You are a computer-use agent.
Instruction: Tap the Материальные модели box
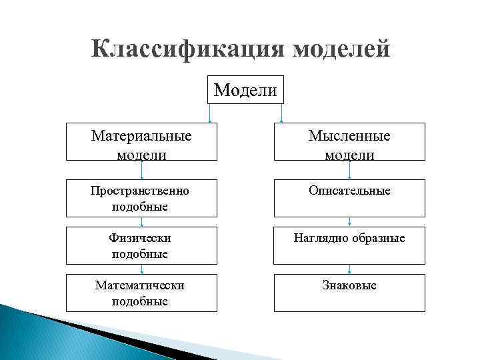[141, 142]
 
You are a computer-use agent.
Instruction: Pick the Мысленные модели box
[349, 142]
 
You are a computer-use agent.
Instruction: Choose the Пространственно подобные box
[141, 198]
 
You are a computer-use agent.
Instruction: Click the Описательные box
[349, 198]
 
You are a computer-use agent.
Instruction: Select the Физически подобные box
[141, 245]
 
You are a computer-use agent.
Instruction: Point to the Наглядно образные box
[349, 245]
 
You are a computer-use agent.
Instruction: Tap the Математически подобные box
[141, 293]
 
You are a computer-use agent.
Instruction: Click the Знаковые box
[349, 293]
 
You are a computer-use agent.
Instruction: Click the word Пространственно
[140, 191]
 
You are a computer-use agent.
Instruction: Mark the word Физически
[140, 238]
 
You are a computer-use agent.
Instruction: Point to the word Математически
[140, 285]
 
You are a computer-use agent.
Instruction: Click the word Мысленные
[349, 136]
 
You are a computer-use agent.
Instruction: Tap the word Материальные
[141, 136]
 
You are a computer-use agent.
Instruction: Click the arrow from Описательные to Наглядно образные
[350, 222]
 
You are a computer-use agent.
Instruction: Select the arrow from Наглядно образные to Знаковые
[350, 269]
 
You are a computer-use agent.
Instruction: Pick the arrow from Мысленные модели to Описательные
[350, 170]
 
